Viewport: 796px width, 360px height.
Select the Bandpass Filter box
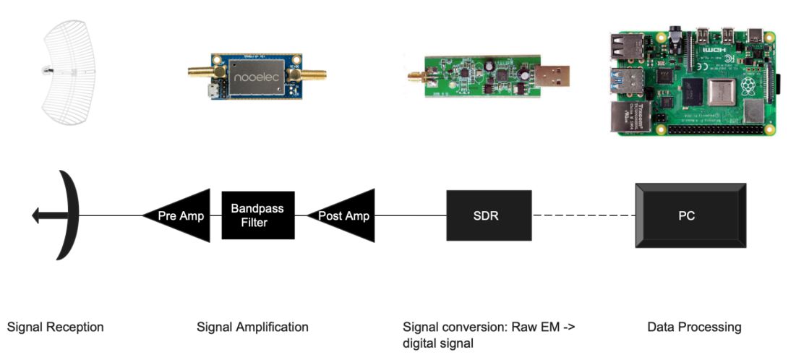tap(258, 215)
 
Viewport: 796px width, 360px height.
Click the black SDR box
tap(489, 215)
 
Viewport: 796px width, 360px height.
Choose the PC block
tap(687, 215)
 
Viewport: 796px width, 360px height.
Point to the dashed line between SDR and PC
tap(583, 215)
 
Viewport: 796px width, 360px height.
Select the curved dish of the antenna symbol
tap(69, 215)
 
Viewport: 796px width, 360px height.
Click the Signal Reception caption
tap(55, 327)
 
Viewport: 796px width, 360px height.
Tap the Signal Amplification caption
tap(252, 327)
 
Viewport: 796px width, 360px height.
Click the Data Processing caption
tap(694, 327)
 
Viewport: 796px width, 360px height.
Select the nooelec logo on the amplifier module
tap(257, 74)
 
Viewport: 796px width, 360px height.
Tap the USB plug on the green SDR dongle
tap(553, 74)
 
